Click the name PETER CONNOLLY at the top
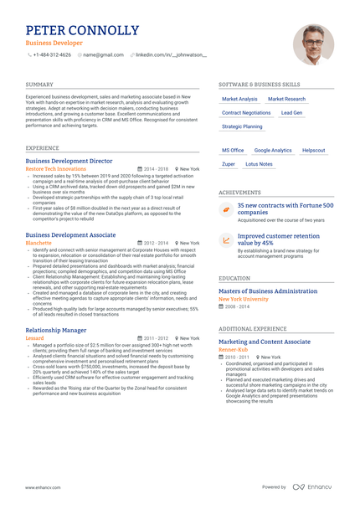pyautogui.click(x=82, y=31)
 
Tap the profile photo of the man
pyautogui.click(x=313, y=44)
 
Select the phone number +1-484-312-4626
pyautogui.click(x=52, y=54)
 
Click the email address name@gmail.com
pyautogui.click(x=103, y=54)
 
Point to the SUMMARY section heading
pyautogui.click(x=39, y=85)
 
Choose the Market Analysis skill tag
pyautogui.click(x=239, y=99)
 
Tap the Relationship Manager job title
pyautogui.click(x=56, y=330)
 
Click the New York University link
pyautogui.click(x=244, y=299)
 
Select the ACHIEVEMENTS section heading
pyautogui.click(x=239, y=192)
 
